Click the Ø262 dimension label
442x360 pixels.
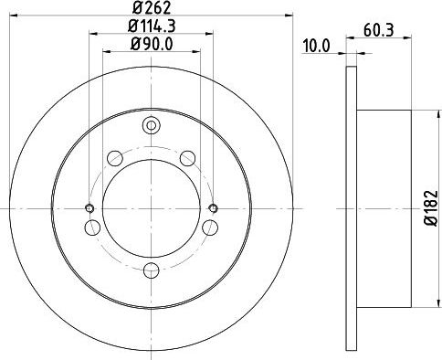pos(152,7)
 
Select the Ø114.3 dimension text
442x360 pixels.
pos(152,26)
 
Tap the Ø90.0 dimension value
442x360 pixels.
pos(152,45)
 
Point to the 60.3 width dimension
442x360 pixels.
pos(379,30)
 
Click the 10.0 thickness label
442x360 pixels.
pos(317,47)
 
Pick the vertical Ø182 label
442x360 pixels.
pos(431,208)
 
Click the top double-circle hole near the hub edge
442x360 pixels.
pos(152,125)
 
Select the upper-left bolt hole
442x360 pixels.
pos(115,158)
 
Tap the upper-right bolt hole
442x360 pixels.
pos(187,158)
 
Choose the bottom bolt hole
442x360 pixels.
pos(152,270)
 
